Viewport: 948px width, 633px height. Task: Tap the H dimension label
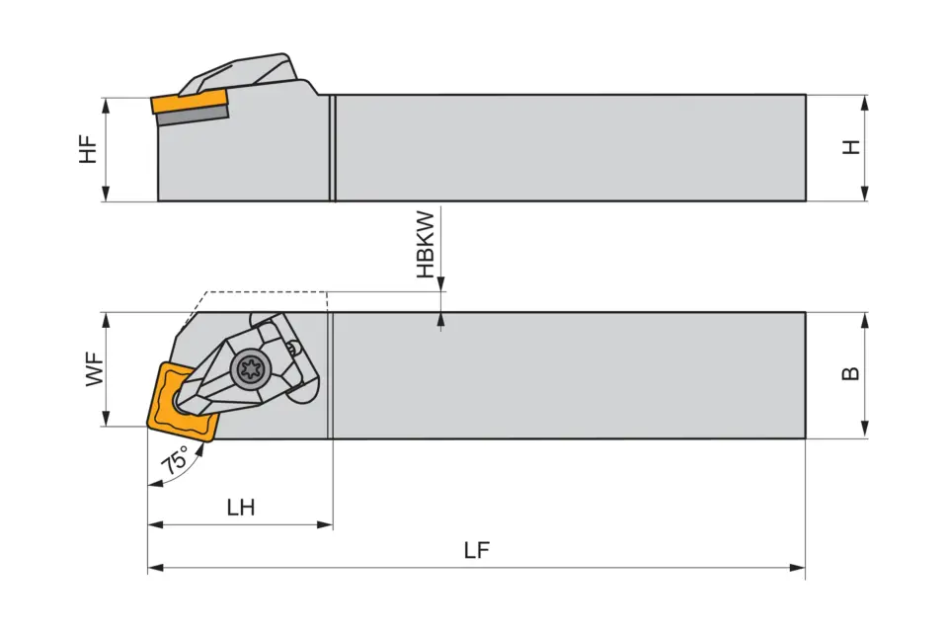[x=850, y=147]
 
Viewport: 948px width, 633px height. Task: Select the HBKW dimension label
[x=425, y=244]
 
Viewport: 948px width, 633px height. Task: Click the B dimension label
[x=850, y=373]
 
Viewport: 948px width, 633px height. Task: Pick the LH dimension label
[x=240, y=508]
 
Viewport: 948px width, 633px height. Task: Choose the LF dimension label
[x=477, y=551]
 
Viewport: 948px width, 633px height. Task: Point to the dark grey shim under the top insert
[x=192, y=116]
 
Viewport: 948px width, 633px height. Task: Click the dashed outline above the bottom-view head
[x=265, y=292]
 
